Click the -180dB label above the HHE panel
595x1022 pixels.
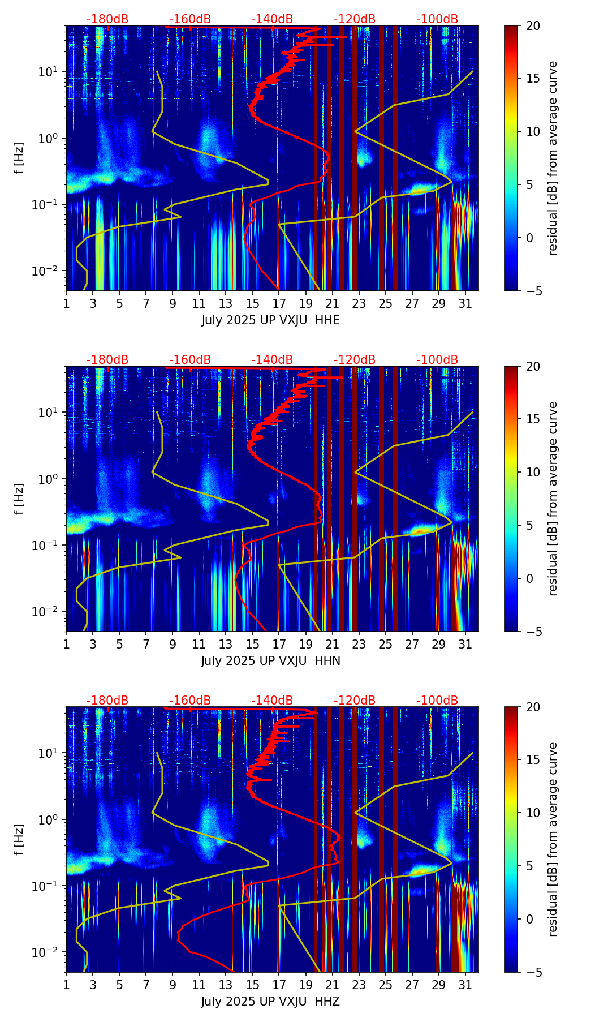(107, 19)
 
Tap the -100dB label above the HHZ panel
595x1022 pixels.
(437, 701)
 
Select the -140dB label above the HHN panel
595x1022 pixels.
(272, 360)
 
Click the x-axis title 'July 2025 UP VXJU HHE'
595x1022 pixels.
(270, 320)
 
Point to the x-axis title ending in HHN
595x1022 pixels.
(270, 661)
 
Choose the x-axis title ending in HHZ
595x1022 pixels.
(270, 1002)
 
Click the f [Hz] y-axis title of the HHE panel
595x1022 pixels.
(20, 158)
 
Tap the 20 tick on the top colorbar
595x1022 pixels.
(533, 25)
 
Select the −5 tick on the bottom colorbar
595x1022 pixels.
(533, 972)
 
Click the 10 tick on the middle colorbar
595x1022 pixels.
(533, 472)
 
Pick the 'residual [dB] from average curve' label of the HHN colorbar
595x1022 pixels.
(553, 499)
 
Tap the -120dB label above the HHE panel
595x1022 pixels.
(355, 19)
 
